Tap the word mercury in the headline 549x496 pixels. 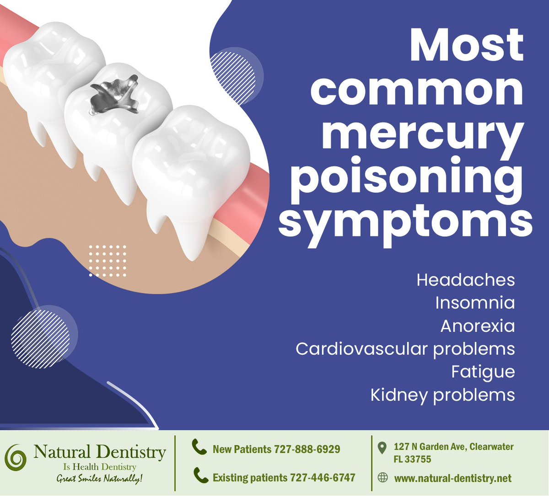coord(423,133)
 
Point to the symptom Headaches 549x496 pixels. coord(465,280)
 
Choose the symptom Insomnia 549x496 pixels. coord(474,303)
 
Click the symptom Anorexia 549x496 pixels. coord(477,326)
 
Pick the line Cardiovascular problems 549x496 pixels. coord(405,349)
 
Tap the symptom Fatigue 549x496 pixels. coord(483,372)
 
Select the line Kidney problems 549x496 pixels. coord(442,395)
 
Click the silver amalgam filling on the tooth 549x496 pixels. coord(115,96)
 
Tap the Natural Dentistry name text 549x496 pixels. coord(99,453)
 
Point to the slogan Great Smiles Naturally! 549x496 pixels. coord(99,479)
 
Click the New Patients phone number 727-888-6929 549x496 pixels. coord(307,449)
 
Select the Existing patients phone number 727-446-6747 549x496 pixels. coord(314,478)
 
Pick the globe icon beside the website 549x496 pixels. coord(382,478)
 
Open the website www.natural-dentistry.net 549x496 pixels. coord(452,479)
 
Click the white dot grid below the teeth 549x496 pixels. coord(107,261)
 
